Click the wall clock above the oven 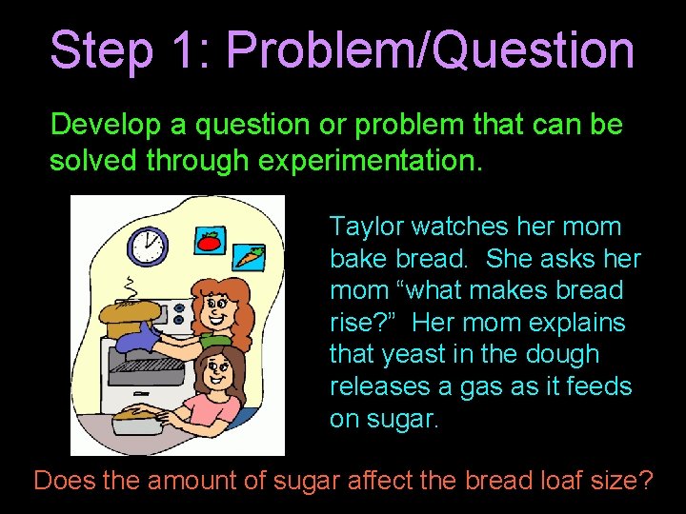coord(148,247)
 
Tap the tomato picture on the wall coord(209,240)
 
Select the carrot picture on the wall coord(251,255)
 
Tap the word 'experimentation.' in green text coord(372,161)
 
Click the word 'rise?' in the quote coord(360,323)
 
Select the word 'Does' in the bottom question coord(65,481)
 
